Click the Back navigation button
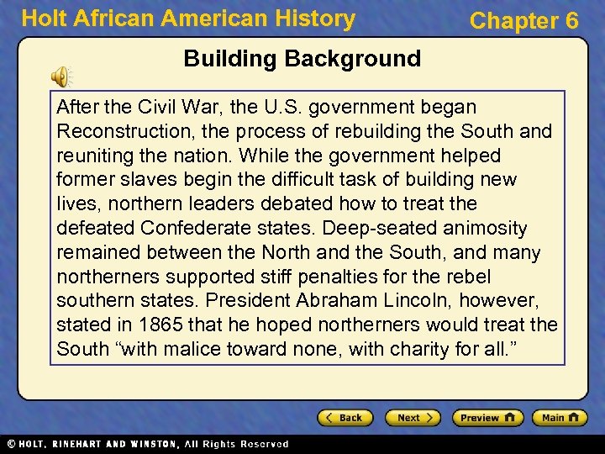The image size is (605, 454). (344, 418)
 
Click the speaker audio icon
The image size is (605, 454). (61, 77)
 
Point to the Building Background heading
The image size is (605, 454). (302, 59)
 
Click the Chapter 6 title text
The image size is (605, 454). (523, 21)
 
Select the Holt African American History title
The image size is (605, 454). (188, 18)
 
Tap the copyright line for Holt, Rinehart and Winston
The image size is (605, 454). (147, 444)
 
